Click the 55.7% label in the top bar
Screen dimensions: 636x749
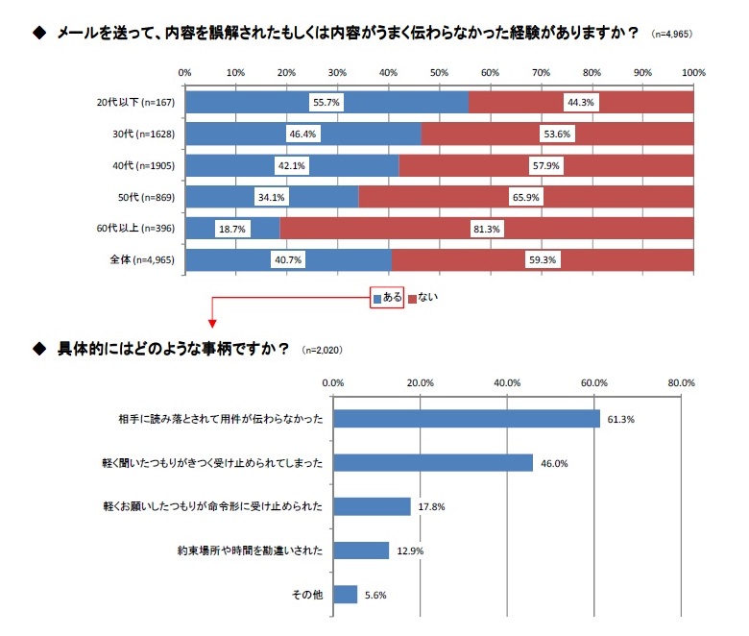[x=326, y=102]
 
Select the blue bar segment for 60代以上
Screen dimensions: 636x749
[x=231, y=228]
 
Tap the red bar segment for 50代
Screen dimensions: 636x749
[x=526, y=196]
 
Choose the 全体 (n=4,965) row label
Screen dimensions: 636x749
[x=136, y=259]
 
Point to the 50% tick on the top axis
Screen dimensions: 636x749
[x=439, y=72]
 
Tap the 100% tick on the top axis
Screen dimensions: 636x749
[x=692, y=72]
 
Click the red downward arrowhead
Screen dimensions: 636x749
[x=211, y=324]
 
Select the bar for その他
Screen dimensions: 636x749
[x=345, y=595]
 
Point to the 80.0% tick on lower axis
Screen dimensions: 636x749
[x=681, y=383]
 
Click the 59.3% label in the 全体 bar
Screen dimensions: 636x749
[x=543, y=259]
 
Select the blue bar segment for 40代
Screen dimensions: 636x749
[x=291, y=165]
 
